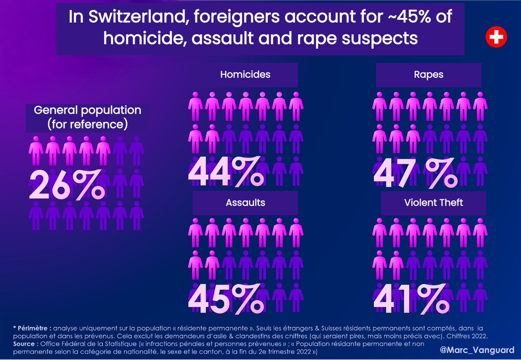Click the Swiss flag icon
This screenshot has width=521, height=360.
496,38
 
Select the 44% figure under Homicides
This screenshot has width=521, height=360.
226,171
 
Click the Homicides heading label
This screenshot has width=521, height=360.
245,74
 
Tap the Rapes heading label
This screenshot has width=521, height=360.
429,74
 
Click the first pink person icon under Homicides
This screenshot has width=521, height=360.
196,104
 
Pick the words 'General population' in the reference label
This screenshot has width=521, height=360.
87,110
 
